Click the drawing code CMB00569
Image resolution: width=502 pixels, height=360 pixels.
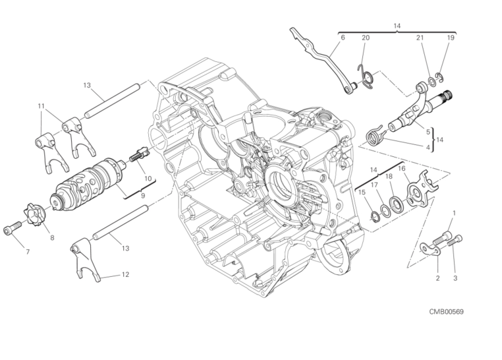[x=446, y=311]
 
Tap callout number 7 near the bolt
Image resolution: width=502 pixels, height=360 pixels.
[x=28, y=252]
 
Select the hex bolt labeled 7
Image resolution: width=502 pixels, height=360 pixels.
[x=12, y=227]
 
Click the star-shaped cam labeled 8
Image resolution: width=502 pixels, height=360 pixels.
[x=34, y=214]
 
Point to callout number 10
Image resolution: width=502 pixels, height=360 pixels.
[x=148, y=179]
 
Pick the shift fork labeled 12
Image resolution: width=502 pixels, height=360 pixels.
[x=85, y=260]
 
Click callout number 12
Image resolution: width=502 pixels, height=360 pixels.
[x=125, y=274]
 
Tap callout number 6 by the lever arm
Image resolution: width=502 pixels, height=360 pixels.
[x=343, y=38]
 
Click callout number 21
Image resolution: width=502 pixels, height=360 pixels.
[x=420, y=38]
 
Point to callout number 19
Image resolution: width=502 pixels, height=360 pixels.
[x=451, y=38]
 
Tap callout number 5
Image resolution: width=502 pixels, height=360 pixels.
[x=428, y=131]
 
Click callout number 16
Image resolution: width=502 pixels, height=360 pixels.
[x=402, y=169]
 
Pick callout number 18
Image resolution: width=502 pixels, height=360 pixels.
[x=389, y=176]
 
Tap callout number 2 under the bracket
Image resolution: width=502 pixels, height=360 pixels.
[x=437, y=278]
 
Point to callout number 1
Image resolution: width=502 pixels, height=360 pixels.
[x=454, y=213]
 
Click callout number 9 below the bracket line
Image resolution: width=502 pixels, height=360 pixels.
[x=143, y=195]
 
